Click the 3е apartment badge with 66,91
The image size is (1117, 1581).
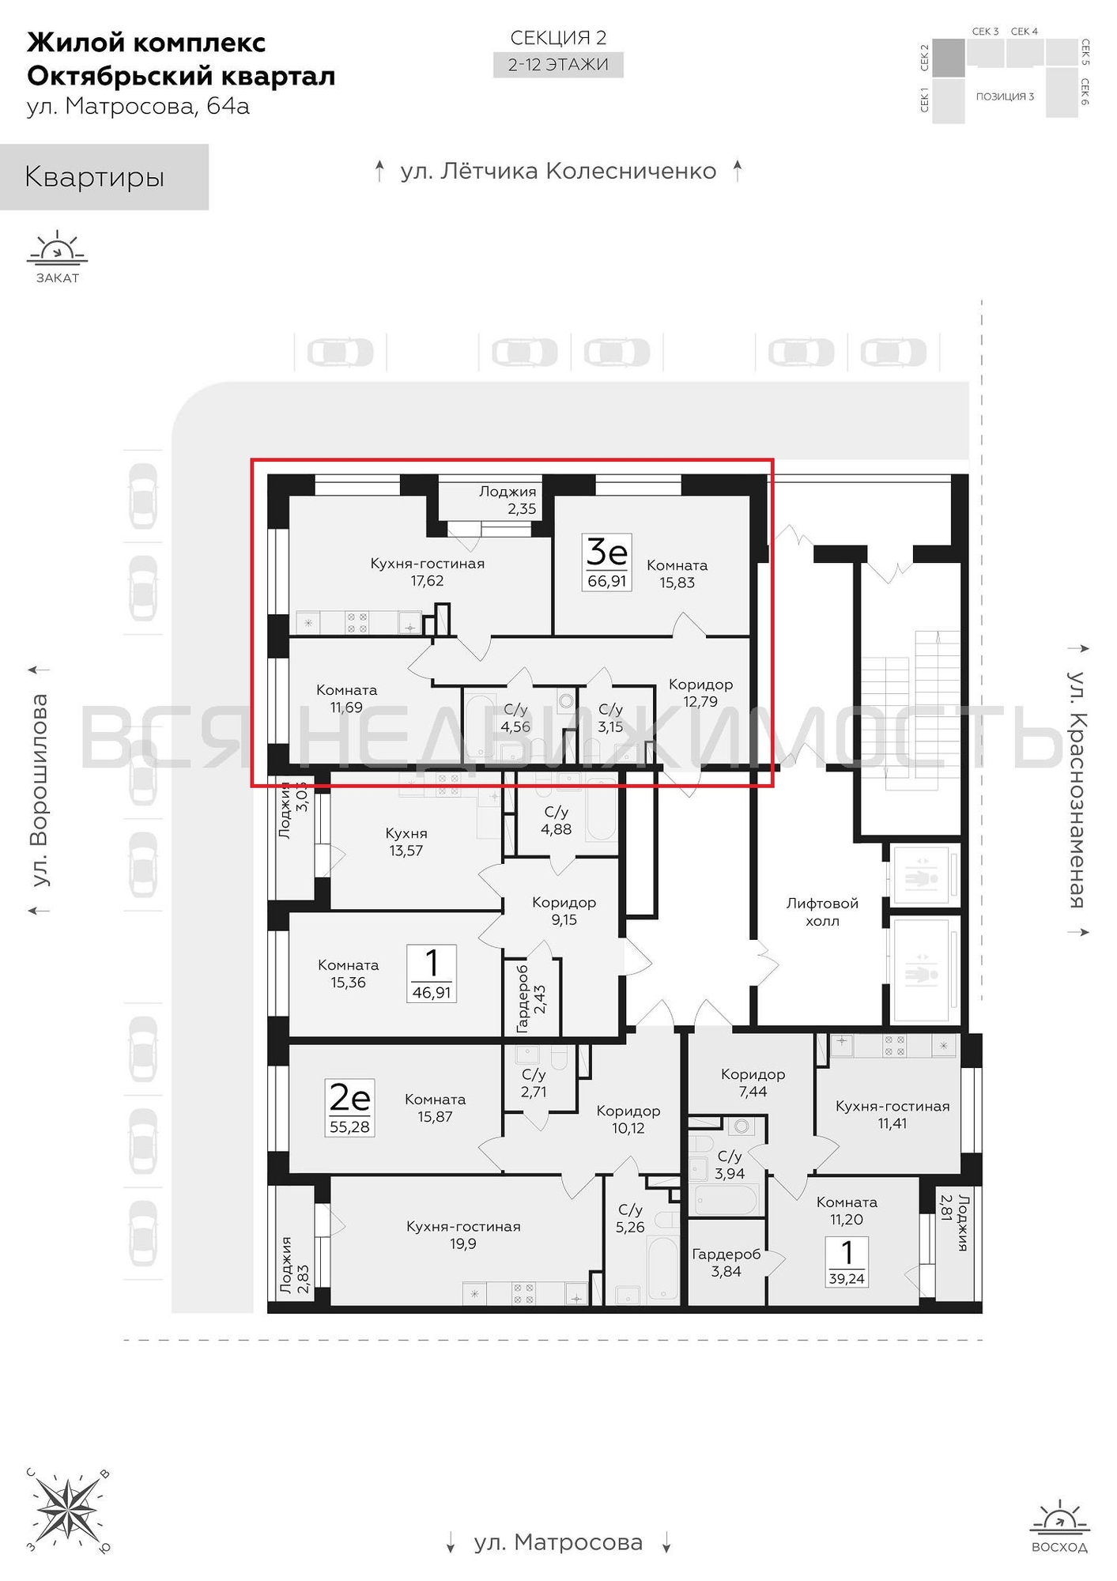coord(606,562)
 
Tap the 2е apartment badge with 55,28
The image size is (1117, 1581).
coord(349,1108)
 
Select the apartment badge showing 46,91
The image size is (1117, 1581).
coord(432,973)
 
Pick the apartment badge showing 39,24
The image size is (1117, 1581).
coord(847,1262)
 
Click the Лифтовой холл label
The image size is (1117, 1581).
coord(822,911)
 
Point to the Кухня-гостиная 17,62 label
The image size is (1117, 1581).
coord(427,572)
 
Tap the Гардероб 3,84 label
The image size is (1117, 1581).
coord(726,1262)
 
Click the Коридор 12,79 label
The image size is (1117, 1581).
coord(700,692)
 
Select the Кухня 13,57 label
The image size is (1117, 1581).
coord(406,842)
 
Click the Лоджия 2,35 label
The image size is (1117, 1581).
coord(508,500)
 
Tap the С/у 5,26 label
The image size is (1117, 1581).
coord(631,1218)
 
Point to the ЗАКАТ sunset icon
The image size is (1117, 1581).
coord(57,257)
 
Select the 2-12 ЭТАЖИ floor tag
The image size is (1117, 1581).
coord(558,65)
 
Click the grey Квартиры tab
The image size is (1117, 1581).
coord(104,177)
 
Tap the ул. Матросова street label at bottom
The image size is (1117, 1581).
coord(558,1542)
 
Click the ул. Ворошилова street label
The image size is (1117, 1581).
coord(38,790)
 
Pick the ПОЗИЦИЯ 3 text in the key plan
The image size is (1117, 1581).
coord(1005,96)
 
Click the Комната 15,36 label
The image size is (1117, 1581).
coord(348,974)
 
